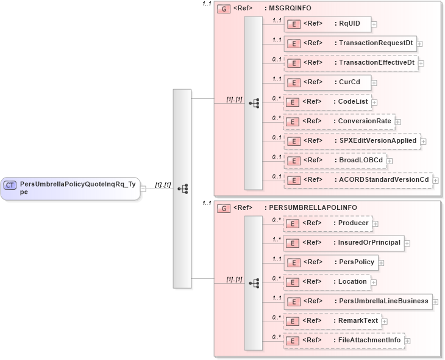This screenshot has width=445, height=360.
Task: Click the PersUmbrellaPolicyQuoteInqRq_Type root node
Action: pos(70,187)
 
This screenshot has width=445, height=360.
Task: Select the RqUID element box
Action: pos(327,24)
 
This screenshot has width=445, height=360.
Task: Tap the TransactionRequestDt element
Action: pos(350,43)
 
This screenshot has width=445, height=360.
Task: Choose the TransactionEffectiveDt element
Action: pos(351,63)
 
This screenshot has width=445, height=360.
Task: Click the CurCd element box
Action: pos(328,82)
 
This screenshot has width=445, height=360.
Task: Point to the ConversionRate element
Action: pos(338,121)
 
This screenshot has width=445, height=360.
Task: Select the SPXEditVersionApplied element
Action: pos(352,141)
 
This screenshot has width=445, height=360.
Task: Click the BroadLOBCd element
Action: pos(335,160)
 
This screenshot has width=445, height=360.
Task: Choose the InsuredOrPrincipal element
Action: pos(343,243)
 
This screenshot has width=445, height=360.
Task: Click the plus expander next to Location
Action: pos(376,282)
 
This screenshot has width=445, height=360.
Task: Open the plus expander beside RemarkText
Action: pos(385,321)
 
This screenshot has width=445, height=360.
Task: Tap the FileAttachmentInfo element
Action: pos(343,340)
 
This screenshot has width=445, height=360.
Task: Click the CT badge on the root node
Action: pos(10,185)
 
